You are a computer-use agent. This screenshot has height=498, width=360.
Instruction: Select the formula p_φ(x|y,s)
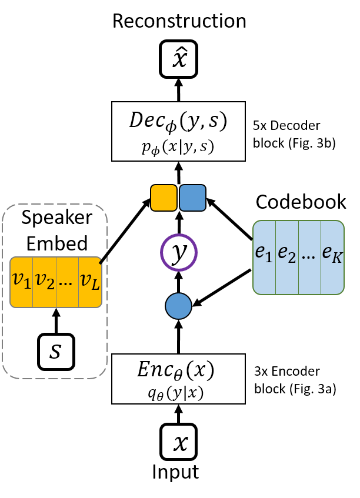click(178, 148)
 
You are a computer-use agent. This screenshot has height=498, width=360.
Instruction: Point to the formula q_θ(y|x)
click(176, 393)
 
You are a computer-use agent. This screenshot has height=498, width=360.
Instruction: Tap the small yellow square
click(164, 198)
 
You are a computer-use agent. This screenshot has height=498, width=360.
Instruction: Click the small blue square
click(192, 198)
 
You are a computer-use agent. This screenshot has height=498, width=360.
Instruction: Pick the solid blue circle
click(178, 306)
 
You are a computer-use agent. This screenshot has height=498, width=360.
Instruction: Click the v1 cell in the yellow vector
click(22, 282)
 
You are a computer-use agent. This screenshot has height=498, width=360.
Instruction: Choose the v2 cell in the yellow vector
click(45, 282)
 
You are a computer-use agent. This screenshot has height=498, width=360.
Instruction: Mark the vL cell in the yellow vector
click(89, 282)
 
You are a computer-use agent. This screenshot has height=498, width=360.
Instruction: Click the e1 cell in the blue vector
click(264, 253)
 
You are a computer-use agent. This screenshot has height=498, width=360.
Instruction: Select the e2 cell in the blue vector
click(287, 253)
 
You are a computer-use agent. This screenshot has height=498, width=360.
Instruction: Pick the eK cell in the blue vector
click(332, 253)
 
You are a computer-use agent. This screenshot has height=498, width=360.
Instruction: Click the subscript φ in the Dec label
click(172, 126)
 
